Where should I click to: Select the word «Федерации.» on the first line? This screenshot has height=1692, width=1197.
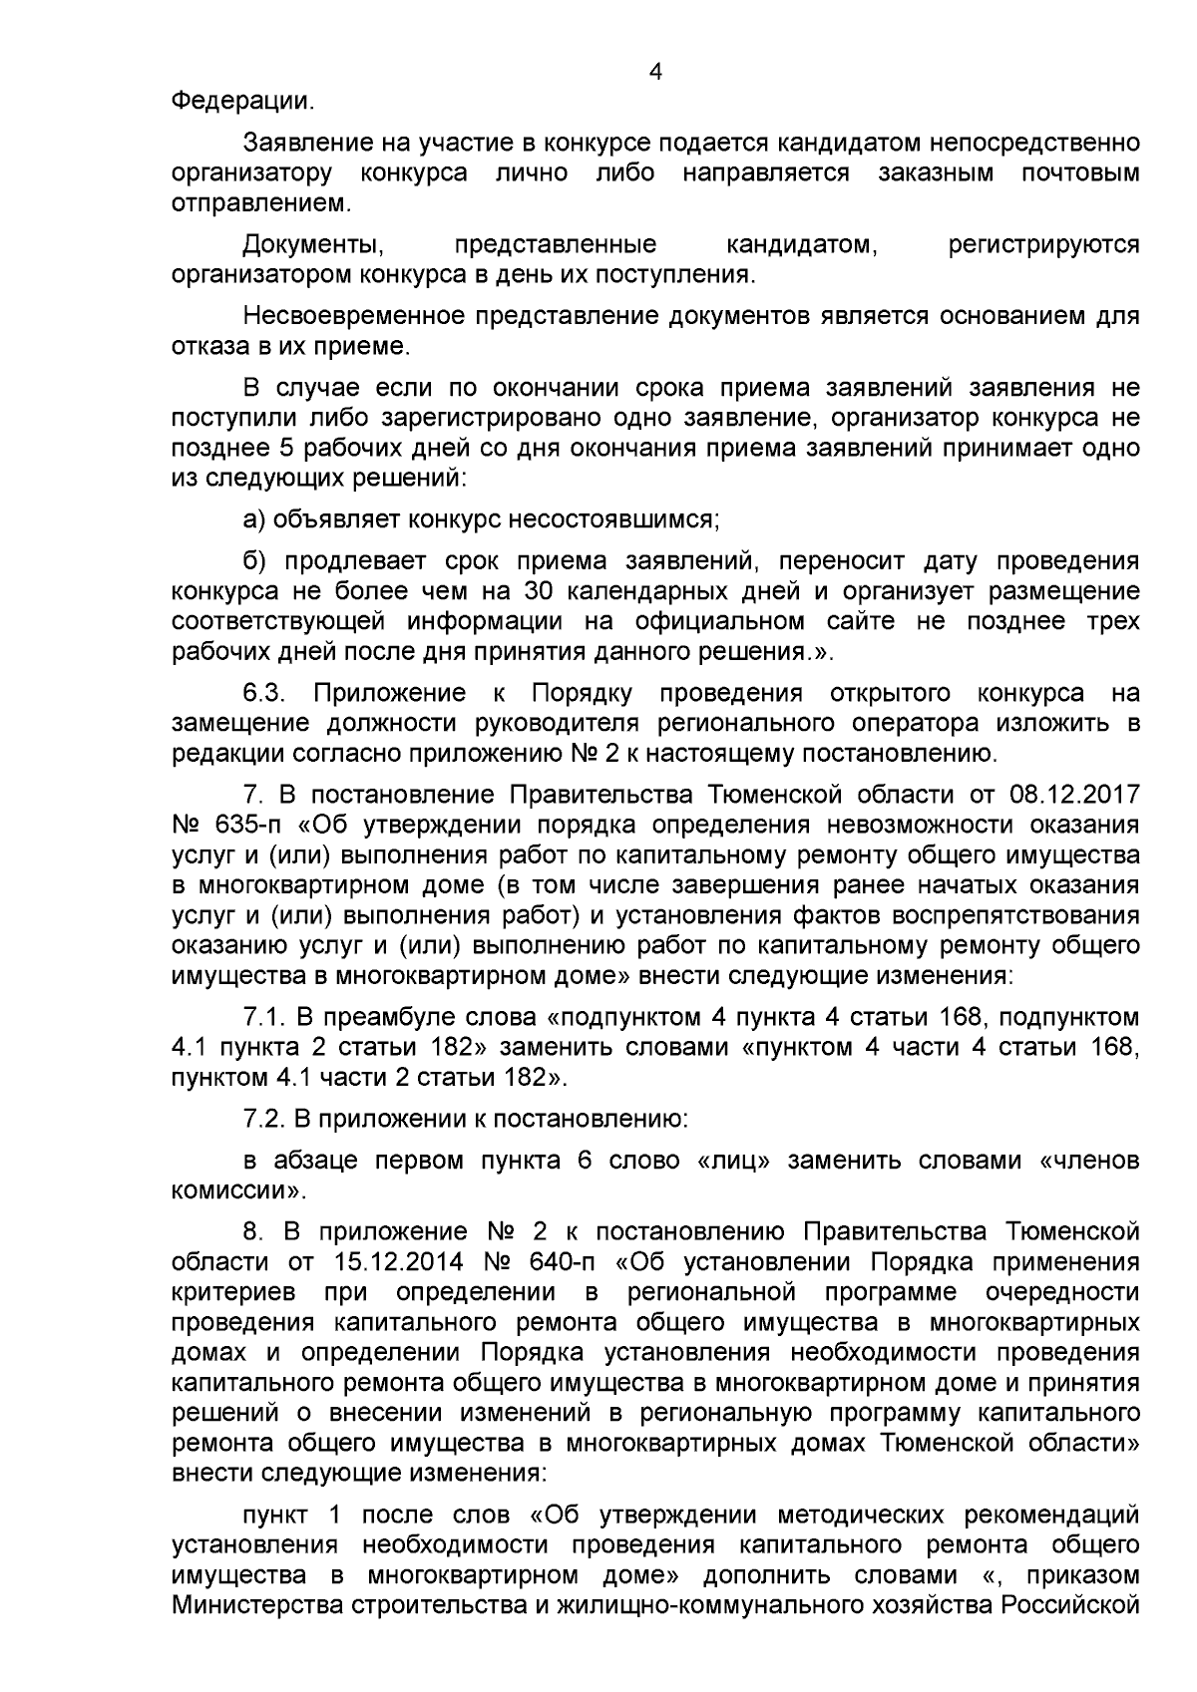242,101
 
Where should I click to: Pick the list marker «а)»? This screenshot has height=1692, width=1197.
255,519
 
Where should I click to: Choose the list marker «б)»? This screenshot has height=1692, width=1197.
255,560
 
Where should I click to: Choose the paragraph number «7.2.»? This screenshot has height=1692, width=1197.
266,1119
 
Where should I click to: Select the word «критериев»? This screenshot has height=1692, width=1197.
233,1293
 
